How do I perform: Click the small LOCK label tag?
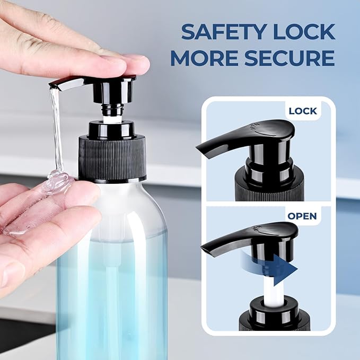pyautogui.click(x=302, y=111)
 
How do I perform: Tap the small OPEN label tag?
pyautogui.click(x=302, y=216)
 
